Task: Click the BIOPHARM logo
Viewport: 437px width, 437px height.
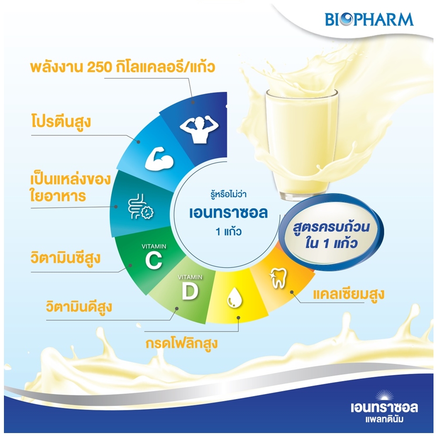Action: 369,19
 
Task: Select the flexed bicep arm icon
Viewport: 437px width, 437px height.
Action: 159,160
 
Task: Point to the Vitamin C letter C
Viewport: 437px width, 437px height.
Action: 153,260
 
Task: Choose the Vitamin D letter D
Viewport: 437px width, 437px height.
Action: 190,291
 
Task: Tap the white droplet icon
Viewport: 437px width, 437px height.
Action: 234,298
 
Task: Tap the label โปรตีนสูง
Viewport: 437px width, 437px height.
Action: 61,122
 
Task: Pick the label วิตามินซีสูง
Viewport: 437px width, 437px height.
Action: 66,258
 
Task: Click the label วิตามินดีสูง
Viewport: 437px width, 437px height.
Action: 79,307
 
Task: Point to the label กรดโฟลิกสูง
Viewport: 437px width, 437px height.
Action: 181,343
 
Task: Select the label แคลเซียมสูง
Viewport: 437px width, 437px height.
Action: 349,294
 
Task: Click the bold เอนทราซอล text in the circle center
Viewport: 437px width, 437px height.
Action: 228,213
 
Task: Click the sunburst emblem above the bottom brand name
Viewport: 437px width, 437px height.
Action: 384,396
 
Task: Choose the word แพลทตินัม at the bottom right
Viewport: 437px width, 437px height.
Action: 384,419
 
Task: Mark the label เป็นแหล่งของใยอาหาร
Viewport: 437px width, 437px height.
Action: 70,187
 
